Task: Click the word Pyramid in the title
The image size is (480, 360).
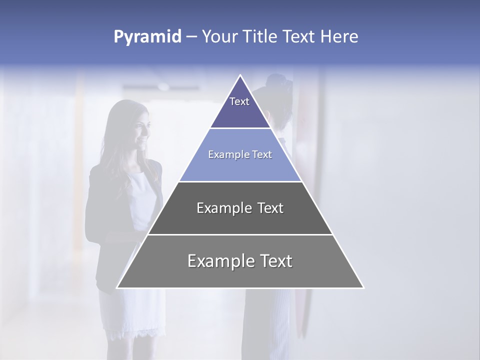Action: point(147,37)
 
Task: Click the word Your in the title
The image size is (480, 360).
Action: point(218,37)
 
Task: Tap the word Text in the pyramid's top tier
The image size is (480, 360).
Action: point(239,101)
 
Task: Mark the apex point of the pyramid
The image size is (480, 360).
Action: point(240,75)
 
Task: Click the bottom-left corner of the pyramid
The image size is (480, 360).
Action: point(117,287)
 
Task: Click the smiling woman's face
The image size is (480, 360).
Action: point(140,132)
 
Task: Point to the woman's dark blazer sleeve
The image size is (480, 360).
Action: point(95,210)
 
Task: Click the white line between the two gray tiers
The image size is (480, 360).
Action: point(240,234)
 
